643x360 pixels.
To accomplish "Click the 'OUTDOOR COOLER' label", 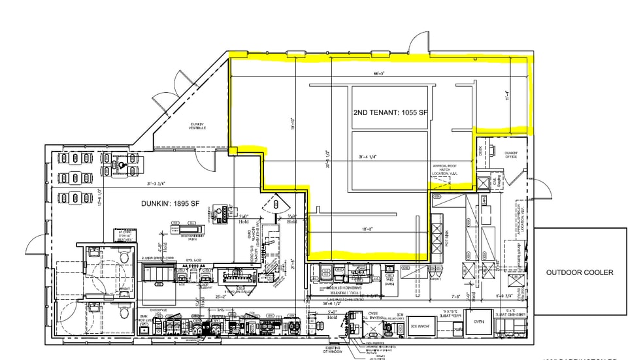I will pos(580,272).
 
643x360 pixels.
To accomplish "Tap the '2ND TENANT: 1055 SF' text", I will pos(389,112).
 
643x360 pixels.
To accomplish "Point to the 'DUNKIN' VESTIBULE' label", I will pos(198,125).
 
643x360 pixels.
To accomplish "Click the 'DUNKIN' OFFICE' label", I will pos(511,155).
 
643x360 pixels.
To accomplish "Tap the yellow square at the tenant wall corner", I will pos(233,152).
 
